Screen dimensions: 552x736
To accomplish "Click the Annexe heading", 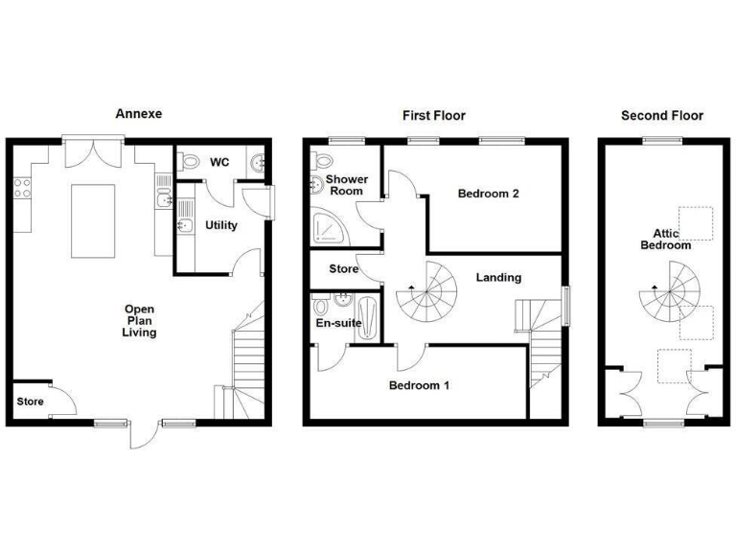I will point(139,113).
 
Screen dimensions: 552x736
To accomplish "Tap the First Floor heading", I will point(433,115).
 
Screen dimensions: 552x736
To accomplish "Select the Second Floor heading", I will point(661,115).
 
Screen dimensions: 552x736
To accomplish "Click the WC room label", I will point(219,163).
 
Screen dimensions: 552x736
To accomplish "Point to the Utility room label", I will point(222,225).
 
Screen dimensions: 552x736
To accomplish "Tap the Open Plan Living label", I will point(139,321).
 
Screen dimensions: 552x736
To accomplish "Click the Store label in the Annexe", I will point(28,401).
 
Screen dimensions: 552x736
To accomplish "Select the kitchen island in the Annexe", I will point(95,220).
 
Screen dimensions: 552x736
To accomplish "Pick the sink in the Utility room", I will point(182,226).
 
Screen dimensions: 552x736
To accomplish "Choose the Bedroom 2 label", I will point(488,194).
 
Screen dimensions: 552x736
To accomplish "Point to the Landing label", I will point(498,278).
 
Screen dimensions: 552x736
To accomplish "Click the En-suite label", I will point(338,323).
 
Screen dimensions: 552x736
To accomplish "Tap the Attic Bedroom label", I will point(665,240).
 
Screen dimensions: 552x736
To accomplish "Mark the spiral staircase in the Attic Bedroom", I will point(669,290).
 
